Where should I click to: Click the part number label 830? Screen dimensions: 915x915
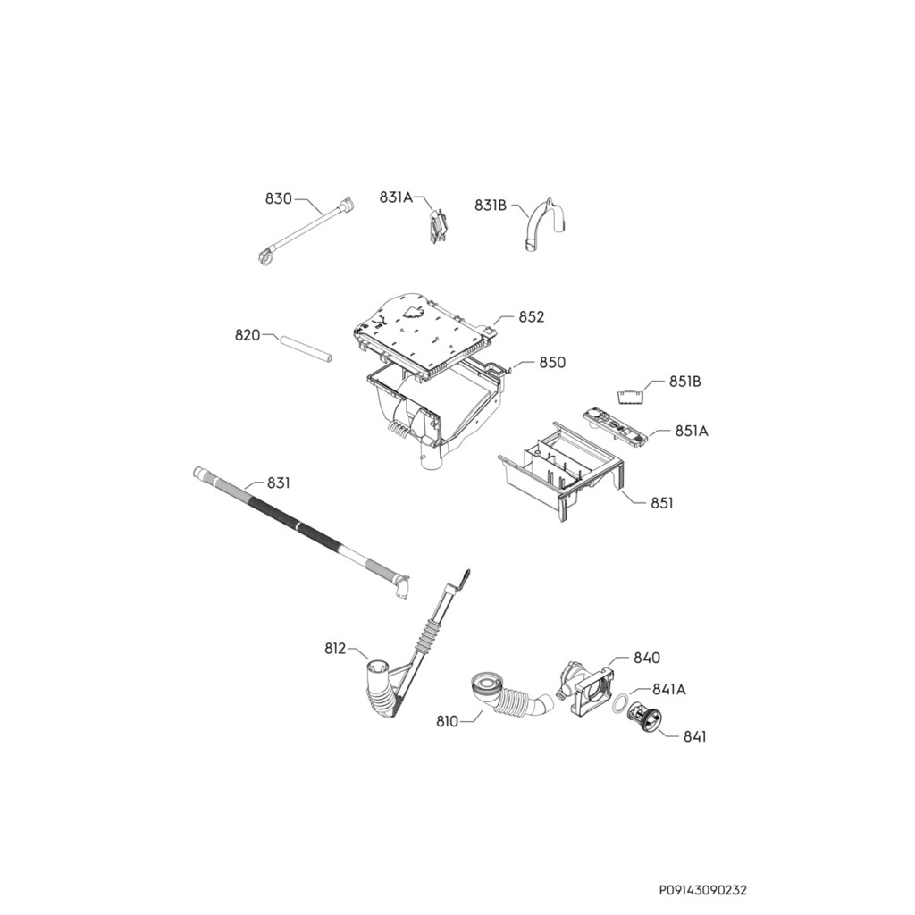click(x=278, y=198)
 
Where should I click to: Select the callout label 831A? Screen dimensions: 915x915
click(x=395, y=197)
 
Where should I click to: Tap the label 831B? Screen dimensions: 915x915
click(x=491, y=206)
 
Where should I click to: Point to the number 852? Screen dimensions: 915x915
click(x=531, y=317)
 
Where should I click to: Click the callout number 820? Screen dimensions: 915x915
click(x=248, y=335)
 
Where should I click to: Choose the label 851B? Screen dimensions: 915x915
click(x=684, y=382)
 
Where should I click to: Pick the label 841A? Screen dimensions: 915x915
click(x=668, y=689)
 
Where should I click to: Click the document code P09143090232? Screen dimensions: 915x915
click(x=702, y=890)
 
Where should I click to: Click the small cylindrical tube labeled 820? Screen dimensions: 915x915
click(x=305, y=348)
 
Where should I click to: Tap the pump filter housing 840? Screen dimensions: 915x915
click(x=585, y=688)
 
